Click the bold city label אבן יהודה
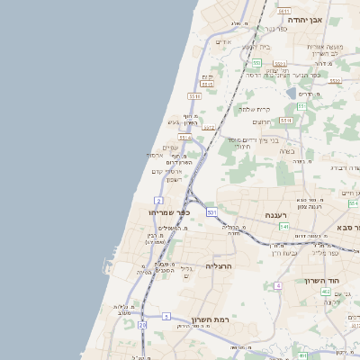point(304,18)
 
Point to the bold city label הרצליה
point(219,266)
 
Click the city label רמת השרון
point(211,319)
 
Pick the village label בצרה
point(286,150)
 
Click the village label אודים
point(224,41)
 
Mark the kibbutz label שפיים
point(170,148)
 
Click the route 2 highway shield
point(158,200)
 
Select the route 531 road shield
point(211,211)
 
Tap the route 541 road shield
point(283,227)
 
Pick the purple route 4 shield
point(279,285)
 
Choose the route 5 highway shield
point(166,316)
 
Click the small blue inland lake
point(292,92)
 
